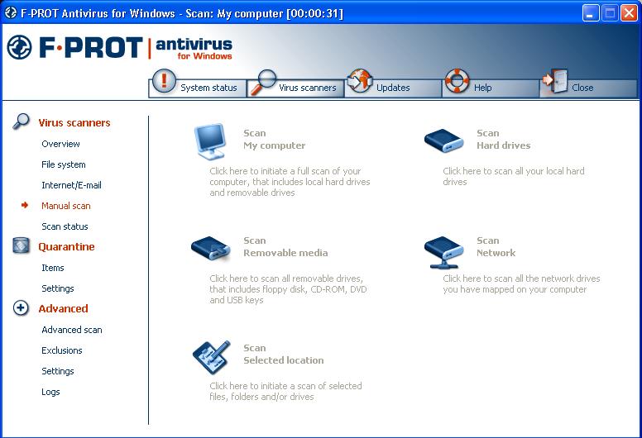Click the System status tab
[198, 87]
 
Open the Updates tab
[393, 87]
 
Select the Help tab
[491, 87]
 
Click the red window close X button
[629, 13]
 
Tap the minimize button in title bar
[591, 13]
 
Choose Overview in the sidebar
[60, 144]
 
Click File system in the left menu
[64, 164]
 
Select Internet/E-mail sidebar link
[71, 185]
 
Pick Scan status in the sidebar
[65, 226]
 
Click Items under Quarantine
[53, 268]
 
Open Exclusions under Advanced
[62, 350]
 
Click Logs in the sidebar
[50, 392]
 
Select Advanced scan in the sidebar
[72, 330]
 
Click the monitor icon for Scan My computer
[210, 141]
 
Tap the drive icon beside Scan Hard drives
[443, 140]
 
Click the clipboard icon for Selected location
[212, 358]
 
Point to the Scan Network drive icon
[443, 252]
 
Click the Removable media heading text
[285, 253]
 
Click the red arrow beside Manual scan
[25, 205]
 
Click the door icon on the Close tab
[559, 80]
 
